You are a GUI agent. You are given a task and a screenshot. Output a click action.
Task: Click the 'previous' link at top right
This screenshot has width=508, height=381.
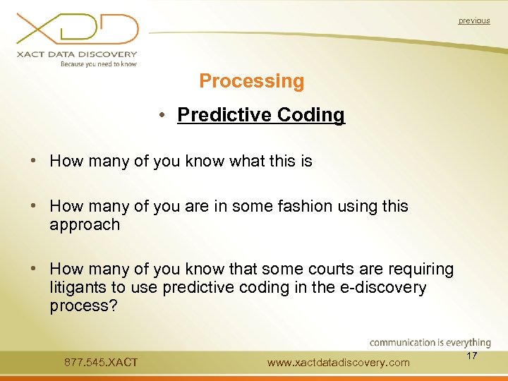(473, 21)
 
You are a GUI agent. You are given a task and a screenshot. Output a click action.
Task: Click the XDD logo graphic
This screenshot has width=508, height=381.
(78, 30)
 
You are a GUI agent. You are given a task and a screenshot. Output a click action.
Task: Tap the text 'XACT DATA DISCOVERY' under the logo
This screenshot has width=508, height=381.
(78, 54)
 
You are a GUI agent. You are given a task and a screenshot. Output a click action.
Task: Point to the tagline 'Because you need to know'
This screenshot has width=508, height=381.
(98, 64)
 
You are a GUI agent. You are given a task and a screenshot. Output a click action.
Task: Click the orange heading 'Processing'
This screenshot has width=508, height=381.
(252, 81)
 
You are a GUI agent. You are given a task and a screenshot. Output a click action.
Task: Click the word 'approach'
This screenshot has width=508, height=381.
(85, 225)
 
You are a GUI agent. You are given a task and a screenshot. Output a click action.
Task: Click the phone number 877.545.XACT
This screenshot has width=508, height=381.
(101, 363)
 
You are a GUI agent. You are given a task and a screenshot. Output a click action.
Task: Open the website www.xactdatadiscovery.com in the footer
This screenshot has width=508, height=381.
(339, 363)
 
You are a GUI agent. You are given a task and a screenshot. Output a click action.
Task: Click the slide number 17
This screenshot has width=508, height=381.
(472, 356)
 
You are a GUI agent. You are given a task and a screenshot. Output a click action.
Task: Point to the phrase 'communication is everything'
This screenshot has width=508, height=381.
(430, 343)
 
